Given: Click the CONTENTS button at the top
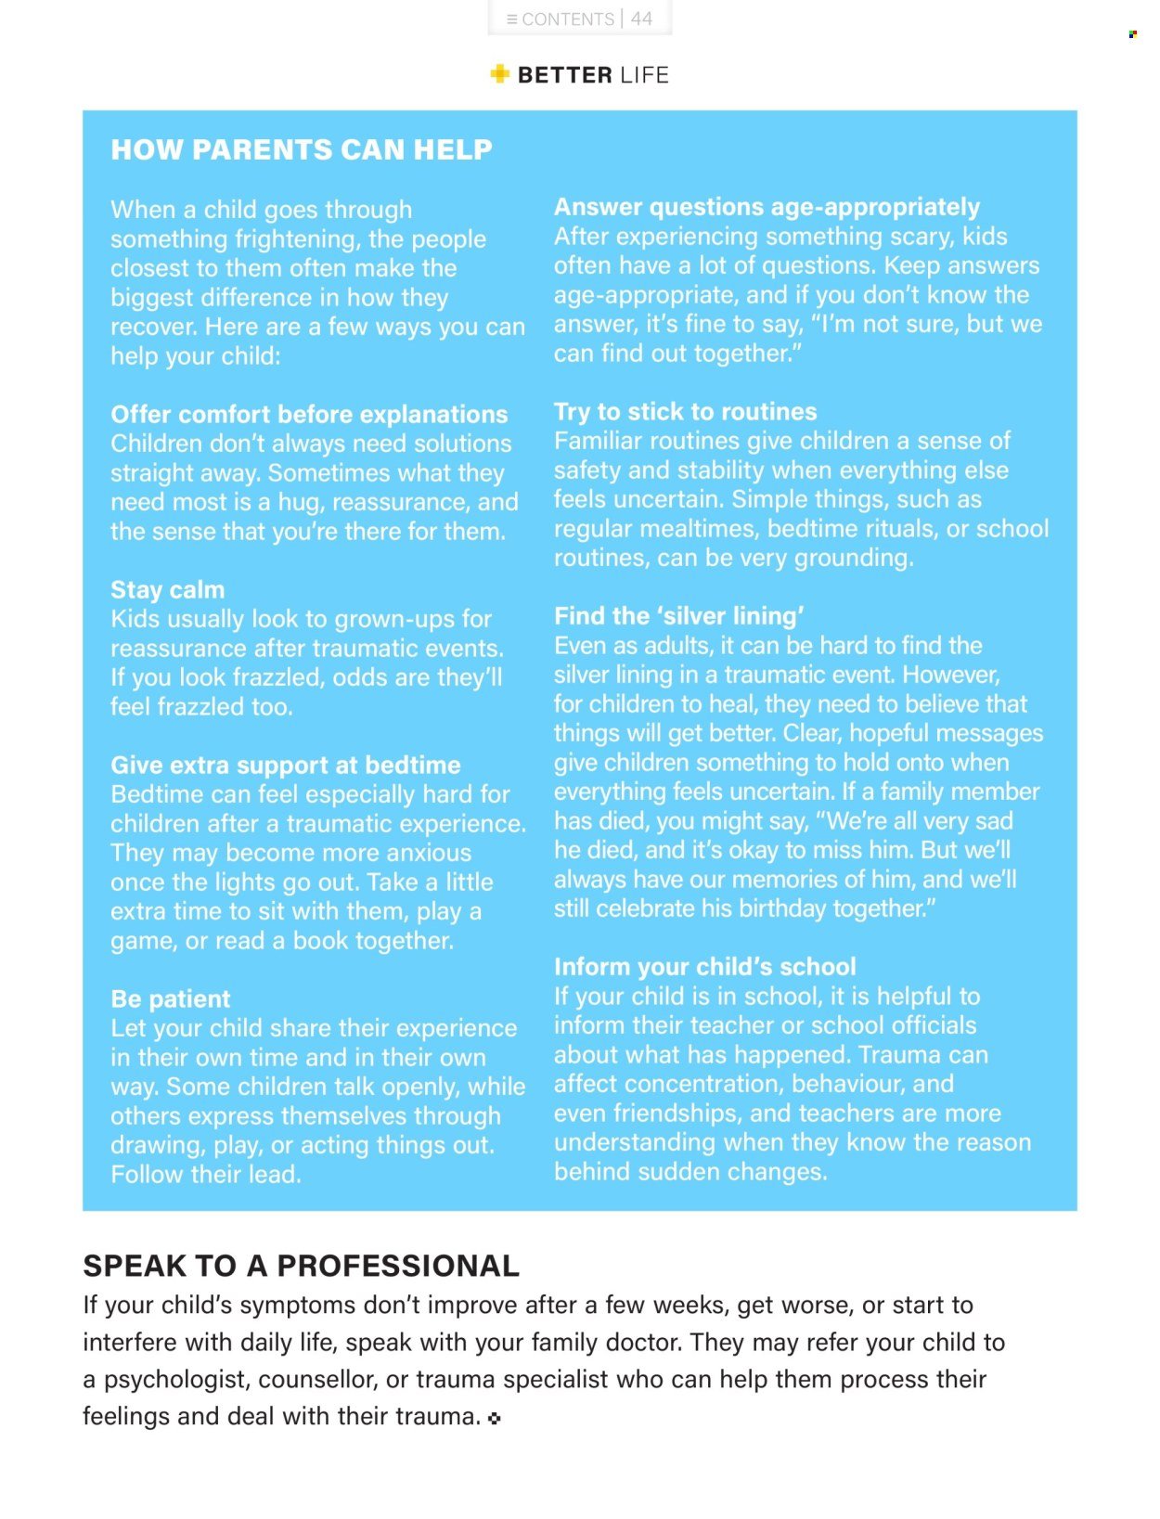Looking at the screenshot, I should coord(561,19).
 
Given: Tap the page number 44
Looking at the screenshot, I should coord(641,19).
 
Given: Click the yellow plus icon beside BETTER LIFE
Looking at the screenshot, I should coord(500,74).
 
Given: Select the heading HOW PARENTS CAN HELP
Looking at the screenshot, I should coord(302,149).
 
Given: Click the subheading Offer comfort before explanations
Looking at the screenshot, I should coord(309,414).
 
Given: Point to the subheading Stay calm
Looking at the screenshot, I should coord(167,589).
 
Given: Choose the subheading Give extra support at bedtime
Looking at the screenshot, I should coord(285,765).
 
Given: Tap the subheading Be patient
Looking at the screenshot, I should coord(170,998).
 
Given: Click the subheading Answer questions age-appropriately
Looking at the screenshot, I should coord(767,206).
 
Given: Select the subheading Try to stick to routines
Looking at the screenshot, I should coord(685,411).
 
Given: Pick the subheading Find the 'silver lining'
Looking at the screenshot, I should coord(678,615).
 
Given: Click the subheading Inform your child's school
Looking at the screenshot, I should coord(704,966).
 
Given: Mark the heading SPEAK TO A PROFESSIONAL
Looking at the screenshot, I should coord(301,1266).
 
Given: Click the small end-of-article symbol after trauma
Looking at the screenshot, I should coord(494,1418).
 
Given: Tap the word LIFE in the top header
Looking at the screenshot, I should coord(644,75).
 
